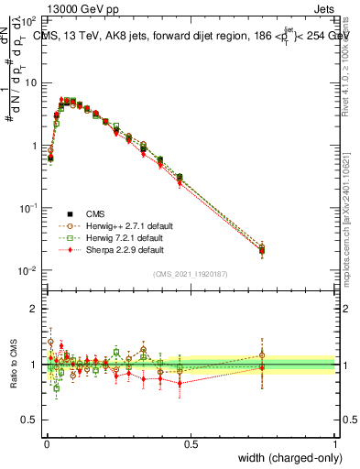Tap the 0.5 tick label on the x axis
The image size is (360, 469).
pyautogui.click(x=191, y=444)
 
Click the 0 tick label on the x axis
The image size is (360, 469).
pyautogui.click(x=46, y=444)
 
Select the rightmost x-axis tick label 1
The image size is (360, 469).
pyautogui.click(x=335, y=444)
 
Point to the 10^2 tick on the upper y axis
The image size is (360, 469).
pyautogui.click(x=30, y=19)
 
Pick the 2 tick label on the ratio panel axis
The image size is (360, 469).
pyautogui.click(x=37, y=309)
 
